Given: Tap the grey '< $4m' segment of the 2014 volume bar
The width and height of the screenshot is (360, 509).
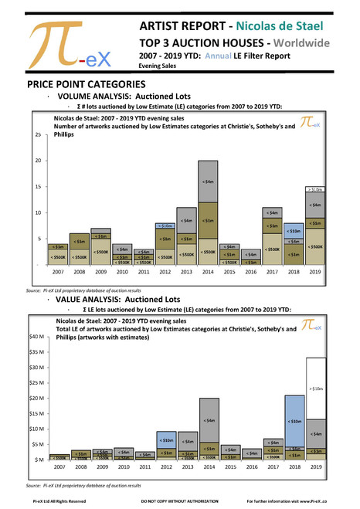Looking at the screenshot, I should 208,182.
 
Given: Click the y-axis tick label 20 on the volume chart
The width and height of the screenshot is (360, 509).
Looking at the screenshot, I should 39,161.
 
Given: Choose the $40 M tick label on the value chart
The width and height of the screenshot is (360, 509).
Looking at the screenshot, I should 36,336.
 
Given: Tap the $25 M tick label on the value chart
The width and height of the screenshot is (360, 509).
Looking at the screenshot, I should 36,382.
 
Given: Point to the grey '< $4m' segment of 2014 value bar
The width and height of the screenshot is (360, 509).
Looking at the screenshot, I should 208,420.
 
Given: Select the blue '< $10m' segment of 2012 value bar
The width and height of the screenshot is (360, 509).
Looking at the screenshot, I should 165,439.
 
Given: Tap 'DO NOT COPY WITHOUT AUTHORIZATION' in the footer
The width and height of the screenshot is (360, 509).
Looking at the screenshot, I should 179,502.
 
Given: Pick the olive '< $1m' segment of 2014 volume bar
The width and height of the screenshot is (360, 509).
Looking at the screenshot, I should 208,221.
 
